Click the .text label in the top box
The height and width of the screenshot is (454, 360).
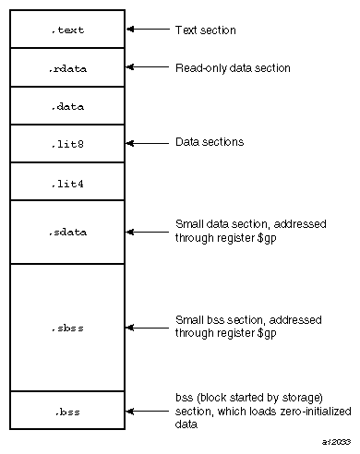tap(67, 30)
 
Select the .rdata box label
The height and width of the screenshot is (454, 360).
tap(67, 68)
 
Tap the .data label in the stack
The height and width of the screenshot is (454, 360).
tap(67, 106)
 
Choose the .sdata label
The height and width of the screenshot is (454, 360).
tap(67, 232)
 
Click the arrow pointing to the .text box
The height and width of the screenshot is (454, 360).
tap(143, 30)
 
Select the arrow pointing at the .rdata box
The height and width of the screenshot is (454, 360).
tap(143, 67)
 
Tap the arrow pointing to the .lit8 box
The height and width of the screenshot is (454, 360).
tap(143, 143)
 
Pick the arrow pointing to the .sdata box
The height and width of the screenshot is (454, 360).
tap(143, 231)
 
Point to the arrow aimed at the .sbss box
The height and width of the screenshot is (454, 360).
tap(143, 326)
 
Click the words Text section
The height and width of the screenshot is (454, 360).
tap(205, 30)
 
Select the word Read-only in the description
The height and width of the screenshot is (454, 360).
tap(197, 67)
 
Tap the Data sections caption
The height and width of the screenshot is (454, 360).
tap(209, 143)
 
